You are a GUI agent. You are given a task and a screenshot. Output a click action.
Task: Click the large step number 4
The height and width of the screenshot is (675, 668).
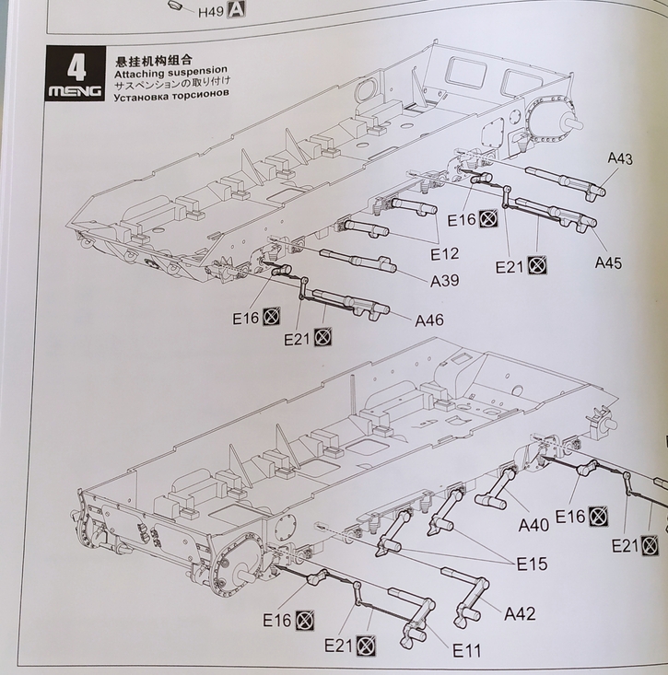[76, 66]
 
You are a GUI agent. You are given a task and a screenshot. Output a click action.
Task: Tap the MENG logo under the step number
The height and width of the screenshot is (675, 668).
[76, 91]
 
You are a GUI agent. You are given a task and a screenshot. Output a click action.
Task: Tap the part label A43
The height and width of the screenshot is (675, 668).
[620, 159]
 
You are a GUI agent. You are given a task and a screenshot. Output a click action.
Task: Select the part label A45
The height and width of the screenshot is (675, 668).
[608, 262]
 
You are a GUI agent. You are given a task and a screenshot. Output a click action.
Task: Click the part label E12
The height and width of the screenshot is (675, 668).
[444, 253]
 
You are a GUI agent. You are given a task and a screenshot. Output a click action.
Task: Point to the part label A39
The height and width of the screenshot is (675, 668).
[444, 280]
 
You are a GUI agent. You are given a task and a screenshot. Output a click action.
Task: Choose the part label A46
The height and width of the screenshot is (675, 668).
[429, 320]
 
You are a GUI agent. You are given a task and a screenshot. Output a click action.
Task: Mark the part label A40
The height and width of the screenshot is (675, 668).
[533, 525]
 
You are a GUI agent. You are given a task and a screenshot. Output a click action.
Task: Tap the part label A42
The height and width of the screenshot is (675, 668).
[520, 613]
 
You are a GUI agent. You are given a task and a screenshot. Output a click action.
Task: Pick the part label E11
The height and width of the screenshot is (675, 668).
[467, 650]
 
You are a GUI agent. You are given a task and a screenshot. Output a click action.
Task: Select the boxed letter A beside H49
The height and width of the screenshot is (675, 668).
[237, 11]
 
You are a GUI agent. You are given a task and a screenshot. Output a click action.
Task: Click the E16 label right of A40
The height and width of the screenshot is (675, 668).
[570, 517]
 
